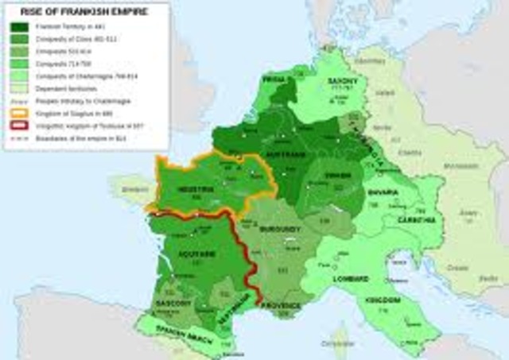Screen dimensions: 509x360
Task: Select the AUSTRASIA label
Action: tap(286, 153)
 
